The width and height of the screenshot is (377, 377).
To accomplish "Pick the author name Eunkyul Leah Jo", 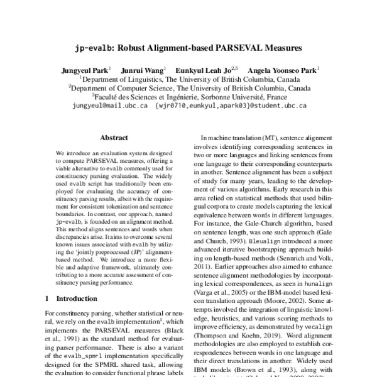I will (x=208, y=70).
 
